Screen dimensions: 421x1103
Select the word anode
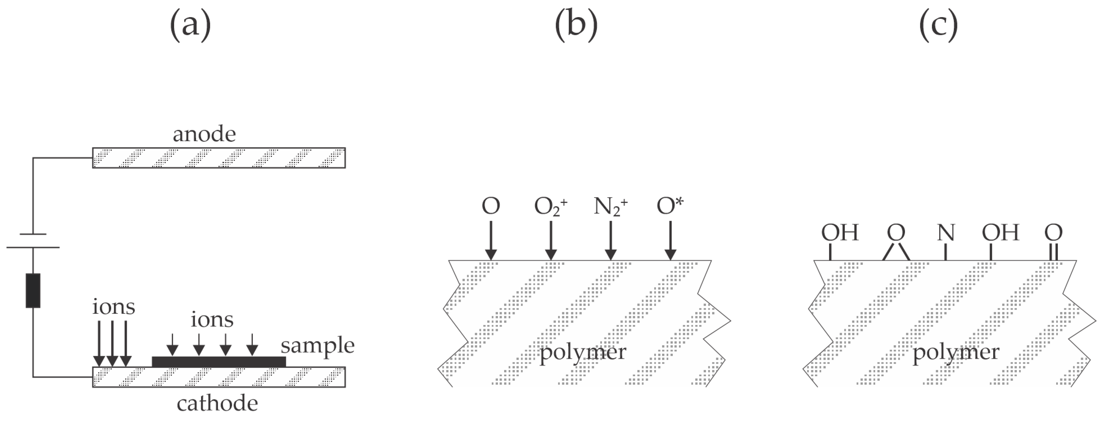tap(204, 134)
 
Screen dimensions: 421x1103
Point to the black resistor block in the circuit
tap(33, 290)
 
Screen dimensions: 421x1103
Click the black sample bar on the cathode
tap(219, 362)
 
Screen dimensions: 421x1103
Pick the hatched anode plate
tap(219, 158)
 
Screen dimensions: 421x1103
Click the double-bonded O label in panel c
tap(1053, 233)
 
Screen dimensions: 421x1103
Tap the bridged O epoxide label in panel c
tap(896, 233)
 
